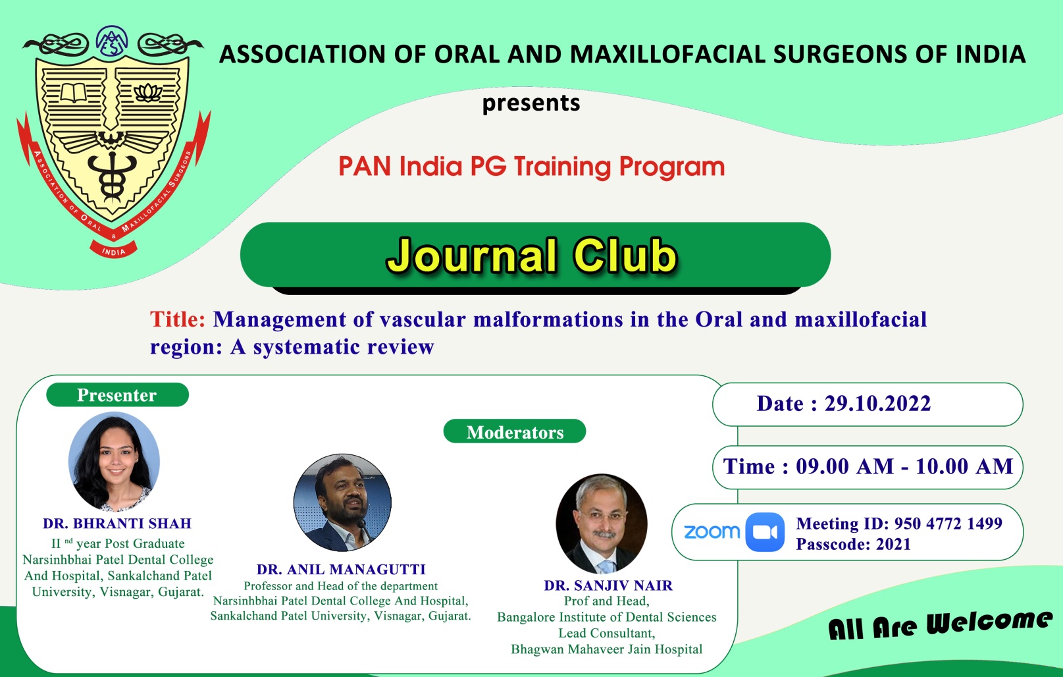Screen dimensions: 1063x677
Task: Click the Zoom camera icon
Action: [765, 531]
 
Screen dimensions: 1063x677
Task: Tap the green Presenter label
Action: [117, 394]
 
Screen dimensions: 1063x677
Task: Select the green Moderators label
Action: [515, 431]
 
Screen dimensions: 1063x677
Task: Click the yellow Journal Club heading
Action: [532, 256]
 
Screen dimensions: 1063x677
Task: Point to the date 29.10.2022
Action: [877, 404]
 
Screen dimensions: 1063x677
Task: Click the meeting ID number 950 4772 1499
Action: [948, 523]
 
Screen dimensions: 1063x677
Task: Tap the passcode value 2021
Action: [893, 544]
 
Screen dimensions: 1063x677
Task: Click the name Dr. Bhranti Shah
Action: [117, 523]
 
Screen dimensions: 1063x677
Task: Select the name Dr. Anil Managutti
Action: [341, 569]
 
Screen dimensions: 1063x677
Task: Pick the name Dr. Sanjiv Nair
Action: [608, 585]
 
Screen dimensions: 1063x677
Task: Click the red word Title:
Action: [178, 319]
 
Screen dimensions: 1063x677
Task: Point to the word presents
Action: [531, 103]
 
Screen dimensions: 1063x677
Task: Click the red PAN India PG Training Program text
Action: [532, 167]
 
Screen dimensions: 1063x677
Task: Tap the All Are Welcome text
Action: [940, 625]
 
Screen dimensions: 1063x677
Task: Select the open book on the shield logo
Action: [74, 93]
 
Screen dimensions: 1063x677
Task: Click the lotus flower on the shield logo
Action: [149, 92]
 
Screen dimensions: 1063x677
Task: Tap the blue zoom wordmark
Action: [712, 531]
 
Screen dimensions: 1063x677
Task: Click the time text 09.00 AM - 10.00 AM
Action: [904, 467]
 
